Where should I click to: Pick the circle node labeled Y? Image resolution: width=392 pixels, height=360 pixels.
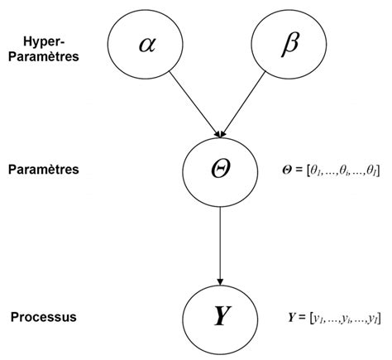(221, 316)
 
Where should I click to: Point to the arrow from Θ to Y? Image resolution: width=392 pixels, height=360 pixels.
(221, 240)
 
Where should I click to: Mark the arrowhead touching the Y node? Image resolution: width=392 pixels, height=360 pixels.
(221, 279)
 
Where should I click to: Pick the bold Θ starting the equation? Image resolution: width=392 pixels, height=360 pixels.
(287, 170)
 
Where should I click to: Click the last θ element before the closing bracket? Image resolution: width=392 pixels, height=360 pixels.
(372, 170)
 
